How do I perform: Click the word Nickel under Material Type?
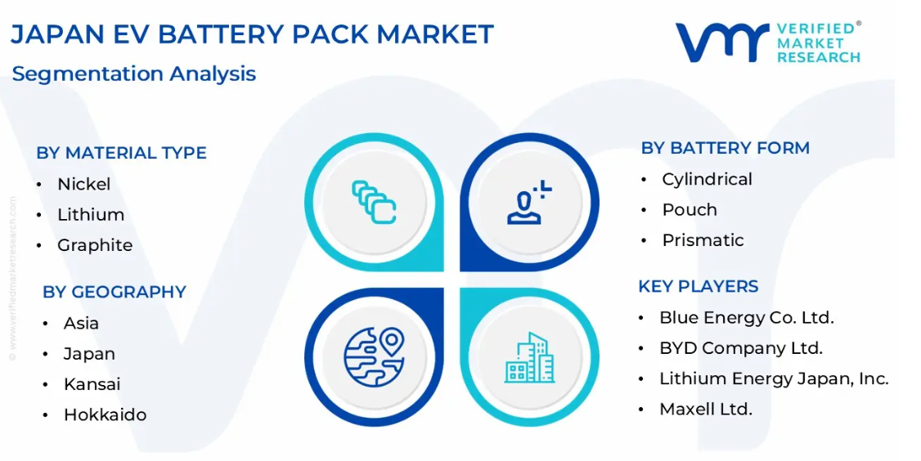[x=84, y=184]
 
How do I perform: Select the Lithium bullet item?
[x=91, y=214]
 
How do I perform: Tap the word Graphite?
[x=95, y=245]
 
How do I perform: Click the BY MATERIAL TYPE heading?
[x=122, y=153]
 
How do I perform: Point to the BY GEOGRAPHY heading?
[x=115, y=292]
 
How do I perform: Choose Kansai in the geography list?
[x=92, y=384]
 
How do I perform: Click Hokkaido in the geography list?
[x=106, y=414]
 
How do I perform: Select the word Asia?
[x=81, y=323]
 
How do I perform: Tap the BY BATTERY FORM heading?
[x=726, y=148]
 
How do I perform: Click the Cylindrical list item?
[x=708, y=179]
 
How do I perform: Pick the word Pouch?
[x=690, y=209]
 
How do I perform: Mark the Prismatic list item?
[x=703, y=240]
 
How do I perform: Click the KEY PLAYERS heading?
[x=699, y=287]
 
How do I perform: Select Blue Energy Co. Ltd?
[x=747, y=318]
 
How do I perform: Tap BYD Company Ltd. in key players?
[x=741, y=348]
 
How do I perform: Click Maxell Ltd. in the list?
[x=706, y=409]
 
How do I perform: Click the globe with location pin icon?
[x=374, y=356]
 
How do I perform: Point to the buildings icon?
[x=529, y=358]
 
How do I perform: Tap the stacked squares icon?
[x=374, y=202]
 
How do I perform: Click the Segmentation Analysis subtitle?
[x=134, y=74]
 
